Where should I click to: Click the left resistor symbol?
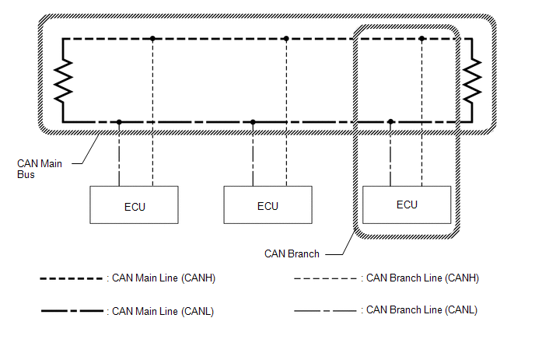click(62, 80)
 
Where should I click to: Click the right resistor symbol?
click(471, 80)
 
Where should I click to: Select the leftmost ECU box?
click(134, 206)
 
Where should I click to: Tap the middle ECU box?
click(267, 206)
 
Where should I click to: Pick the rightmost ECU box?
click(407, 204)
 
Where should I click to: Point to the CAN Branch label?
click(292, 253)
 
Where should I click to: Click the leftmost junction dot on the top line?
click(153, 38)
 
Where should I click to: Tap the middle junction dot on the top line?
click(286, 38)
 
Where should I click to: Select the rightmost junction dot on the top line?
click(421, 38)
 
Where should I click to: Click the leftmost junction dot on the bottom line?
click(119, 122)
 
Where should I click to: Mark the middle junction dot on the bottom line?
click(253, 122)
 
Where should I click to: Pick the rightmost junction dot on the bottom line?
click(390, 122)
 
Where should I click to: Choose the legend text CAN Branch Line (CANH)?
click(422, 278)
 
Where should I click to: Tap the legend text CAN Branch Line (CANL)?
click(421, 309)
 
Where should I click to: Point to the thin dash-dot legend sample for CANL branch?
click(326, 310)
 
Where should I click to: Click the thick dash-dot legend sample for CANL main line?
click(72, 311)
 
